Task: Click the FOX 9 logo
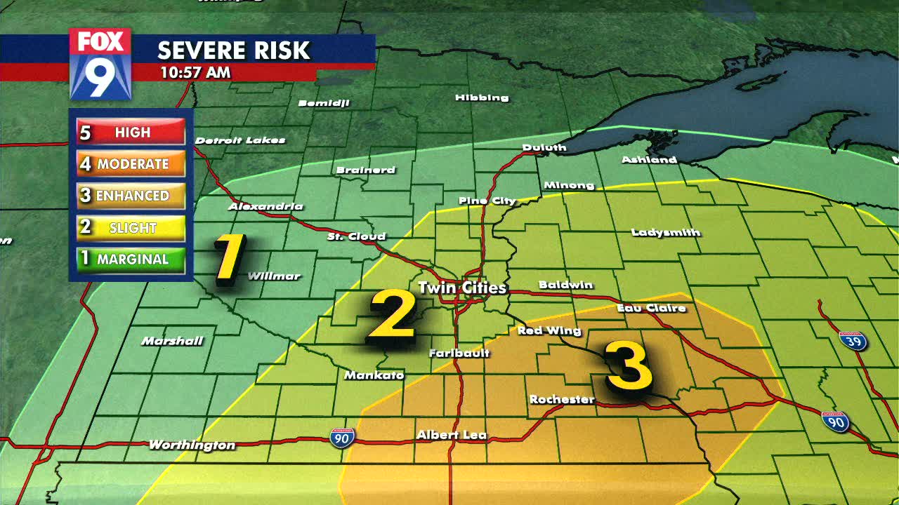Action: pos(100,63)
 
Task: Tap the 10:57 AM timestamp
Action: pos(195,72)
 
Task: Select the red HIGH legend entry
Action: pos(131,132)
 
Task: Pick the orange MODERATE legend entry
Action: pos(131,164)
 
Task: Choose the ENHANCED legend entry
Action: pos(131,196)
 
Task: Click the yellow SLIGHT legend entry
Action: pos(131,227)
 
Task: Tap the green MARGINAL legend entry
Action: pos(131,259)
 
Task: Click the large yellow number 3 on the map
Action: pos(629,365)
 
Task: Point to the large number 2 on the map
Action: pos(393,316)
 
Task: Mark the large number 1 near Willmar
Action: pos(230,259)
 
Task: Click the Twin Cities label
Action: pos(461,288)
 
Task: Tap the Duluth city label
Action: pos(544,147)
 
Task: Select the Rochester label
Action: pos(562,400)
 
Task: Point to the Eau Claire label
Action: pos(651,308)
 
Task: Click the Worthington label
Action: pos(192,445)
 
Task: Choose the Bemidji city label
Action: pos(324,103)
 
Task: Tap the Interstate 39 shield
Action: pos(853,341)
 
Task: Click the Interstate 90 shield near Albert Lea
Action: pos(342,437)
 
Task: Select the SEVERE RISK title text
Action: pos(233,50)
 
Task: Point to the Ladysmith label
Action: pos(666,232)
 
